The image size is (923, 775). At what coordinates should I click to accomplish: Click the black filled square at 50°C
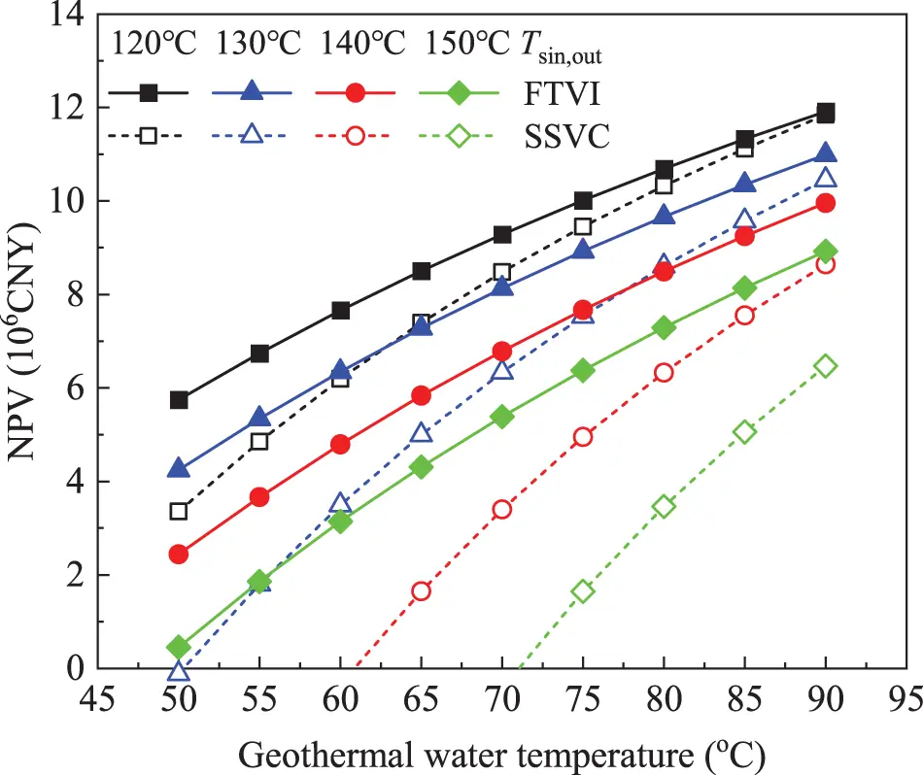(179, 400)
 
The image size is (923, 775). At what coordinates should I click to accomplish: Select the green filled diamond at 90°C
(826, 252)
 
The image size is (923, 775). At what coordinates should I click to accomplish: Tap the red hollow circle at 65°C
(421, 591)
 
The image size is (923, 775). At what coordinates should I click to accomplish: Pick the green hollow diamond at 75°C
(583, 591)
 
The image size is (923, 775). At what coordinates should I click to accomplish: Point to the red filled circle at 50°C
(179, 554)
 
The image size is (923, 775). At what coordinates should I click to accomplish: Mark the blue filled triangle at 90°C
(826, 153)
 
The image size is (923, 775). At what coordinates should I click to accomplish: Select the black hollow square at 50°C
(179, 511)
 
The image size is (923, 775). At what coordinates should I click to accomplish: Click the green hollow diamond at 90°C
(826, 365)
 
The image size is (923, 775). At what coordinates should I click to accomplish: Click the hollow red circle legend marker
(356, 136)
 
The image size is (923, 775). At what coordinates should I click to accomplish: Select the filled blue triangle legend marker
(252, 92)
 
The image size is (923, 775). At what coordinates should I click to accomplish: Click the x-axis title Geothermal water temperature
(501, 752)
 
